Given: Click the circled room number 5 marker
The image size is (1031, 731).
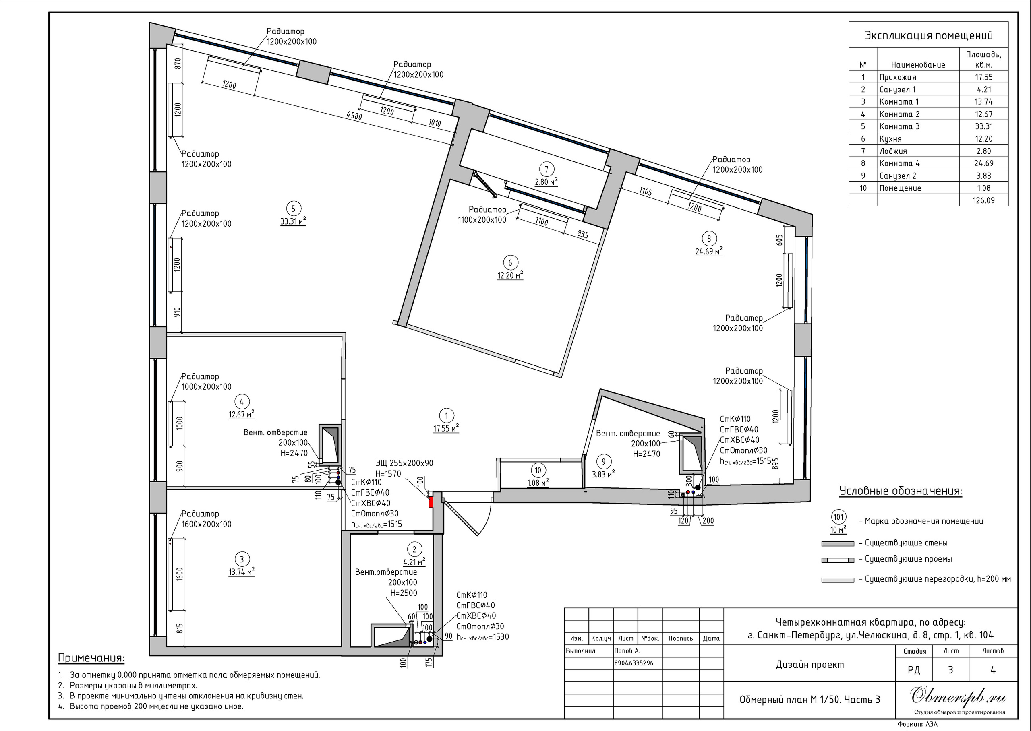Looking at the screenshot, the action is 293,209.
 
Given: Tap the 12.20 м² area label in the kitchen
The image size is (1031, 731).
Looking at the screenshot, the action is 510,275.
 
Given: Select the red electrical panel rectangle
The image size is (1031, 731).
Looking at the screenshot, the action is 431,502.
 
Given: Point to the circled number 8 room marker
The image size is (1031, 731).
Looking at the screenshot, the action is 709,239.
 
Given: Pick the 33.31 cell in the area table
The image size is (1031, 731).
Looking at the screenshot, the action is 984,126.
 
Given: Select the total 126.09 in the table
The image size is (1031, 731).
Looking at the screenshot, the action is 984,200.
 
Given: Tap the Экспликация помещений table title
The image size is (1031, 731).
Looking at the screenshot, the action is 928,36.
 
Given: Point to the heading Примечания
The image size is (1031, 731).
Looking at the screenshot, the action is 91,658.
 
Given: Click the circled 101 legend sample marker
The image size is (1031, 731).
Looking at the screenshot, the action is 838,517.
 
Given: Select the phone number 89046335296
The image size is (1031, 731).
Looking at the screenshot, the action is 634,663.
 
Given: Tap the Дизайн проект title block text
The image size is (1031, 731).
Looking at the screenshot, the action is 810,665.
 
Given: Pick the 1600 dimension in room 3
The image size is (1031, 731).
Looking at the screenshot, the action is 180,574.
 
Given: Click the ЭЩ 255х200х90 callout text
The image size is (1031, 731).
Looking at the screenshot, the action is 404,463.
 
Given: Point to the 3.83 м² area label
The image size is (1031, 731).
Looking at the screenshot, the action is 603,474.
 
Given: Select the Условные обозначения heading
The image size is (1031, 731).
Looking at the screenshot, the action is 901,491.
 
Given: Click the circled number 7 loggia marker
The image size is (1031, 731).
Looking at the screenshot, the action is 546,169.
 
